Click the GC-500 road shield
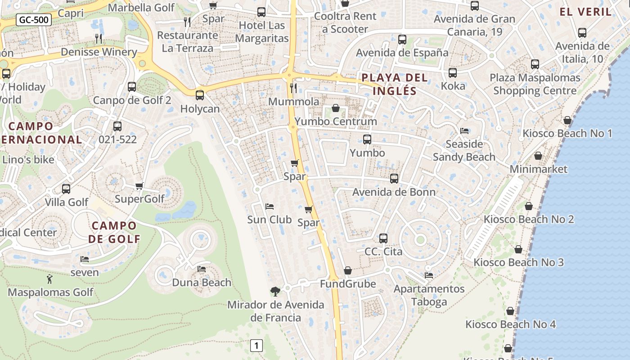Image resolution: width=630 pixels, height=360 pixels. pyautogui.click(x=34, y=20)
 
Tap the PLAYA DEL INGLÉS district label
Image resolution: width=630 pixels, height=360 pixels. pyautogui.click(x=395, y=84)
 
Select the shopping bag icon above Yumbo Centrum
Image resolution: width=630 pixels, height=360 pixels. pyautogui.click(x=336, y=108)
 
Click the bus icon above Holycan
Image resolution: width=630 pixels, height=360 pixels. pyautogui.click(x=200, y=95)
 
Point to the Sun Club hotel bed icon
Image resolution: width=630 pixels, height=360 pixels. pyautogui.click(x=270, y=207)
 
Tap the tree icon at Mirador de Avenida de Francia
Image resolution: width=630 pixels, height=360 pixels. pyautogui.click(x=275, y=292)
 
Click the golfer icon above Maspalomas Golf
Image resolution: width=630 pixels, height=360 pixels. pyautogui.click(x=50, y=279)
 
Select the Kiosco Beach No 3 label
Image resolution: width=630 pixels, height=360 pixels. pyautogui.click(x=518, y=262)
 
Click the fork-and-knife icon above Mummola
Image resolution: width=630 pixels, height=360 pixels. pyautogui.click(x=293, y=88)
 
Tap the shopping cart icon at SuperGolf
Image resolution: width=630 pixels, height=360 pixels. pyautogui.click(x=139, y=186)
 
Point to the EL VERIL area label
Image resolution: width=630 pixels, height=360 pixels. pyautogui.click(x=585, y=12)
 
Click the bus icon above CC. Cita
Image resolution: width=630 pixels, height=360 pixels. pyautogui.click(x=383, y=238)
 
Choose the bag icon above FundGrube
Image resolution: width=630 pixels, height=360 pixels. pyautogui.click(x=348, y=270)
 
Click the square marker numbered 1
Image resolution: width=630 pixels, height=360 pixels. pyautogui.click(x=256, y=346)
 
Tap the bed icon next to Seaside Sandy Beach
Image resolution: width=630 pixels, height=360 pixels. pyautogui.click(x=464, y=131)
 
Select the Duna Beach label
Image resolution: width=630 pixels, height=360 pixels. pyautogui.click(x=202, y=283)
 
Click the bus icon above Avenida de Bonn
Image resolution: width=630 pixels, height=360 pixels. pyautogui.click(x=394, y=179)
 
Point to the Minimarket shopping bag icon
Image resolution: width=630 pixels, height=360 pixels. pyautogui.click(x=538, y=156)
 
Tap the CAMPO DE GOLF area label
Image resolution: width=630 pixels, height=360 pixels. pyautogui.click(x=114, y=232)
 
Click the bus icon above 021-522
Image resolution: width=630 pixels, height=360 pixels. pyautogui.click(x=117, y=126)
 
